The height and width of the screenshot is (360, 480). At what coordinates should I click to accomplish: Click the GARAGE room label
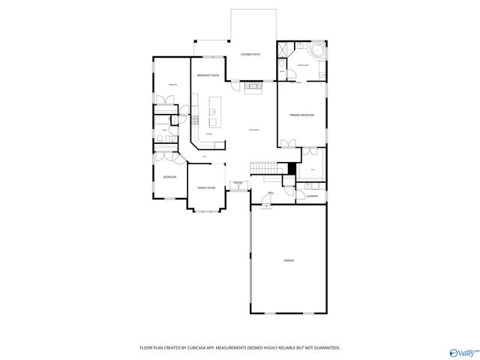[288, 260]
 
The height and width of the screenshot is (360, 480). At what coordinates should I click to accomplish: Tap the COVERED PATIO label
[250, 55]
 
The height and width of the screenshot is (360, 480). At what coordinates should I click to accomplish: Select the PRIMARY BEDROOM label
[301, 115]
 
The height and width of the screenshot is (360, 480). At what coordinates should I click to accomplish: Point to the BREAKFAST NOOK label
[208, 76]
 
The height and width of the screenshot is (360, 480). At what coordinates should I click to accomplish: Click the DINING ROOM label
[206, 187]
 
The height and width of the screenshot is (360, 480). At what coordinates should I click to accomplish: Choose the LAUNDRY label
[312, 196]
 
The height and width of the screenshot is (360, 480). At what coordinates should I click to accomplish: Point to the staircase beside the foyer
[261, 166]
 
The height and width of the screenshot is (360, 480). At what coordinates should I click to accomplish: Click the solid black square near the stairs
[292, 166]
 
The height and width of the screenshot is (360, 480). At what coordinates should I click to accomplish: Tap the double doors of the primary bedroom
[288, 144]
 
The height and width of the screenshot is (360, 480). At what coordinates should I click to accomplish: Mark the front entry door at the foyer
[238, 190]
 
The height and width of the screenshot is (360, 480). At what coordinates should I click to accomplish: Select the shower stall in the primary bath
[285, 49]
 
